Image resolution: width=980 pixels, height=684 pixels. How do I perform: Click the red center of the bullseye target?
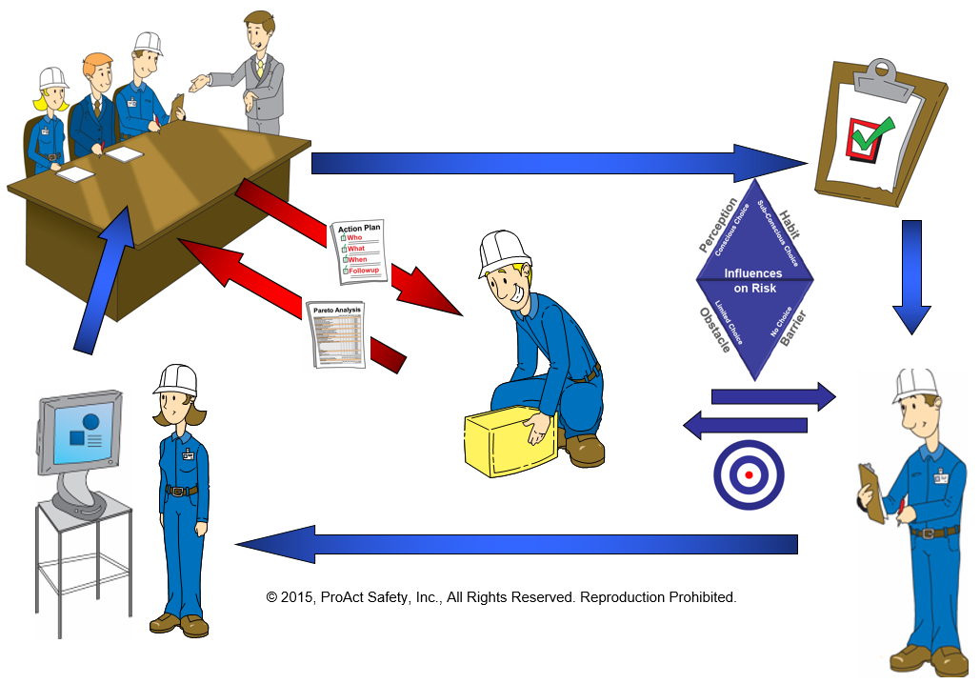click(750, 474)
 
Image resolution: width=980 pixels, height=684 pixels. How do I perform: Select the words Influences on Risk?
click(753, 280)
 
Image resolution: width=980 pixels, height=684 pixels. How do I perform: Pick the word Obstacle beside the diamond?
click(715, 330)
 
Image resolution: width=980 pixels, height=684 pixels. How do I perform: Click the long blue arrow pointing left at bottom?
click(514, 544)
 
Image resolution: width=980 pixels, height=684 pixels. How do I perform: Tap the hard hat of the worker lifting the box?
click(504, 250)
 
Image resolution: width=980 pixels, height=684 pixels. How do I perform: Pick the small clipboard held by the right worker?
click(871, 492)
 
